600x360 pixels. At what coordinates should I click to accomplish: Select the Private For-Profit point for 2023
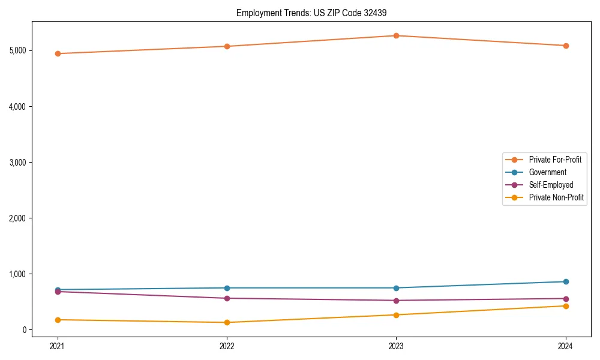(396, 35)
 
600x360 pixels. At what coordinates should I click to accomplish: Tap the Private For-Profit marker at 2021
(58, 53)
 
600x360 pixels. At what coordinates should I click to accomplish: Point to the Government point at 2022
(227, 288)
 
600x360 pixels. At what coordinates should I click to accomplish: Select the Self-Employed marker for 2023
(396, 301)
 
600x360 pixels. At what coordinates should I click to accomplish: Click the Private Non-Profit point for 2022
(227, 322)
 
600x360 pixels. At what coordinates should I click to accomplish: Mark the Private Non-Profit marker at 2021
(58, 320)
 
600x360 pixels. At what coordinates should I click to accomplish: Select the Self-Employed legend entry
(551, 185)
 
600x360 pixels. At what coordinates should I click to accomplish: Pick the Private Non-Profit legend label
(556, 197)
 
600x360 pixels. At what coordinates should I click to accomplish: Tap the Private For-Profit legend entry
(555, 160)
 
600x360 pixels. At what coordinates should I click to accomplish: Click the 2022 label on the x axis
(227, 346)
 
